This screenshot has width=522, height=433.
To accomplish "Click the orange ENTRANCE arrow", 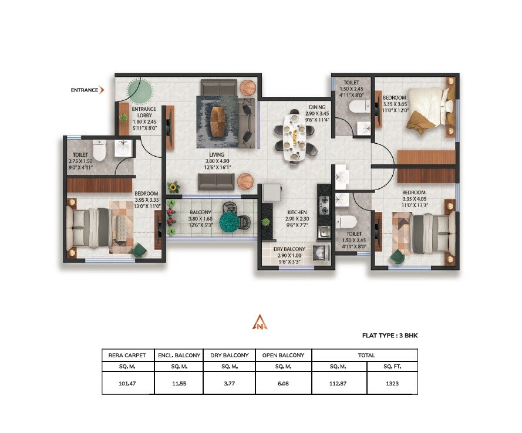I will pos(102,90).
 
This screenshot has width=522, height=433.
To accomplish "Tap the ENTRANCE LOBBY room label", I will pos(143,112).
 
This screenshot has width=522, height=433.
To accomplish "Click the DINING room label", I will pos(316,107).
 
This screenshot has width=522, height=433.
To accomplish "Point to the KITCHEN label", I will pos(297,212).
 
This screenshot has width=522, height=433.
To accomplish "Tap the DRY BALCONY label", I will pos(288,249).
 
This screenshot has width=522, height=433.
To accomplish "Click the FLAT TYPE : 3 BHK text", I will pos(390,336).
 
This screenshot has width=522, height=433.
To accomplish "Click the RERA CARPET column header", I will pos(128,355).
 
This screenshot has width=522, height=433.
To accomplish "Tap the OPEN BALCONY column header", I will pos(284,355).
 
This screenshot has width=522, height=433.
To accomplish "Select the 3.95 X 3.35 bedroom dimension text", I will pos(146,199).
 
